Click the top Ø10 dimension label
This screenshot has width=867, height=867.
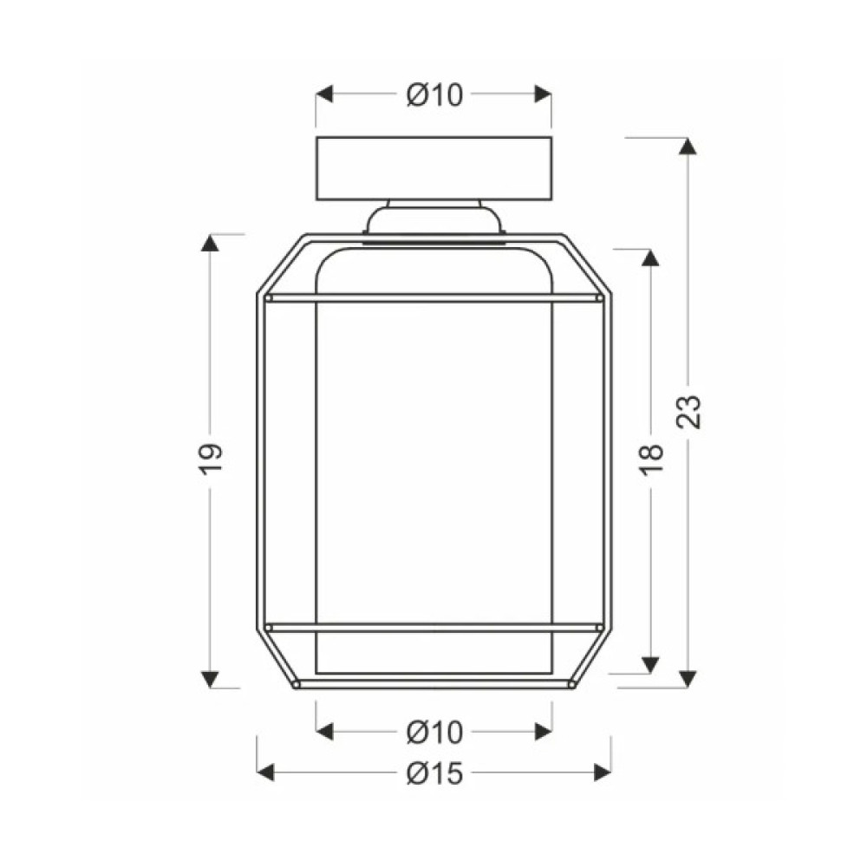pyautogui.click(x=434, y=95)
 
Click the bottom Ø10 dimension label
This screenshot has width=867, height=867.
pyautogui.click(x=434, y=732)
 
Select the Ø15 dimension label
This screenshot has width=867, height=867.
pyautogui.click(x=434, y=773)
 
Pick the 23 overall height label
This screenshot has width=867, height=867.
pyautogui.click(x=688, y=411)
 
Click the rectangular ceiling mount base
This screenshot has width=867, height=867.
pyautogui.click(x=433, y=168)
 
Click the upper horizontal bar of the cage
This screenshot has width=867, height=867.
pyautogui.click(x=433, y=298)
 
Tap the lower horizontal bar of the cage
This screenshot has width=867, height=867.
pyautogui.click(x=433, y=628)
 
